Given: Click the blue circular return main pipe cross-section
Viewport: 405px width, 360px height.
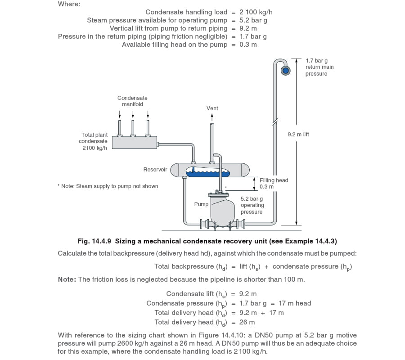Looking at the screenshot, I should pos(285,69).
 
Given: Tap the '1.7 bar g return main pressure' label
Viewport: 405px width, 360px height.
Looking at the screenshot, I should pos(319,67).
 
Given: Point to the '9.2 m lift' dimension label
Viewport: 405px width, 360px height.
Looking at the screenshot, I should pos(298,135).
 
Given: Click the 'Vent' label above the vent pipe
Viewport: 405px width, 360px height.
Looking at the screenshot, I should pos(212,108).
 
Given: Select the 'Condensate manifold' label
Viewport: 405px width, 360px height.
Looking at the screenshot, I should pos(132,101).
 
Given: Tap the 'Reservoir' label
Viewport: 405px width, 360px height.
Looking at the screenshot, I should pos(155,170).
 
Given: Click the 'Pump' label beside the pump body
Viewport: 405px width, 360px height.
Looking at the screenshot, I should pos(201,204).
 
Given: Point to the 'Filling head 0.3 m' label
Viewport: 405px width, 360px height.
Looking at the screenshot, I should pos(274,183).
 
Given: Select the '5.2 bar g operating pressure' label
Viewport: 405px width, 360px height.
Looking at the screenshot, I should pos(252,205).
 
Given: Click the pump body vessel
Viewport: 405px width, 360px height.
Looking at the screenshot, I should pos(223,209).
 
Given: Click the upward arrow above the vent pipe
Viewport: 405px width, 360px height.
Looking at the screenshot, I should pos(212,117).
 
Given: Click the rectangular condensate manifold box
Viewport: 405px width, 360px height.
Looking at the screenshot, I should pos(134,143).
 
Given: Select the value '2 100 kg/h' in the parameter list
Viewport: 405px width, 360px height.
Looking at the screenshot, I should pos(256,12).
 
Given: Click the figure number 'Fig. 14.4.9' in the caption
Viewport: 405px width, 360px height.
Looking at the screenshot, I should pos(94,241).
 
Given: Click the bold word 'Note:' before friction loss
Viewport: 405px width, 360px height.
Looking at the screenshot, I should pos(67,279).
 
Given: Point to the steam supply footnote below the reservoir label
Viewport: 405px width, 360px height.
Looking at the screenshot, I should pos(108,186).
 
